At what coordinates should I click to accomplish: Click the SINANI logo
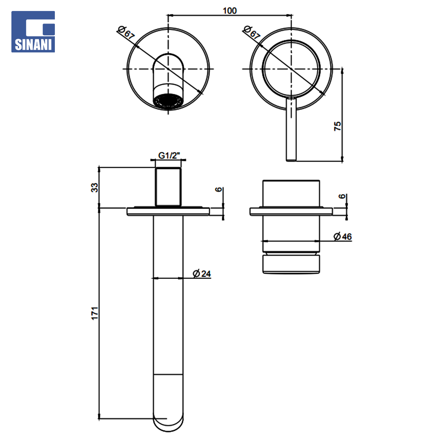33,32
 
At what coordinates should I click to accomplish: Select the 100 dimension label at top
230,11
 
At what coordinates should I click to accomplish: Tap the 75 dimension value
337,126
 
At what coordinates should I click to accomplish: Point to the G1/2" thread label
169,155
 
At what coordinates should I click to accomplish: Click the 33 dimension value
95,187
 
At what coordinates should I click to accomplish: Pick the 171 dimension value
95,313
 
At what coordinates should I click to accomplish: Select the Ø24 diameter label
202,274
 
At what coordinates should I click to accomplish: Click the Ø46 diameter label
343,237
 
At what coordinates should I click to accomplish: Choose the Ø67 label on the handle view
252,32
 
